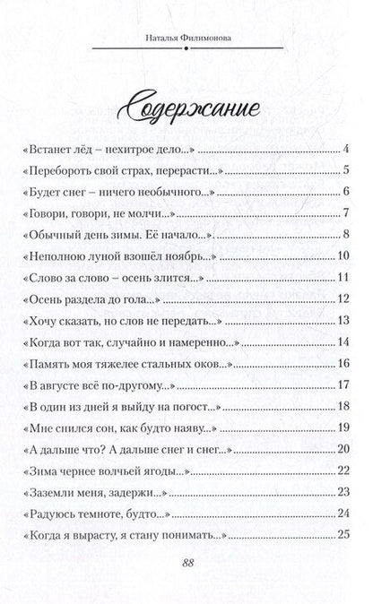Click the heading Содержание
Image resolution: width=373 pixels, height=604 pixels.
tap(186, 107)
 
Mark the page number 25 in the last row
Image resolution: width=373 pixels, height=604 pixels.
tap(342, 538)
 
